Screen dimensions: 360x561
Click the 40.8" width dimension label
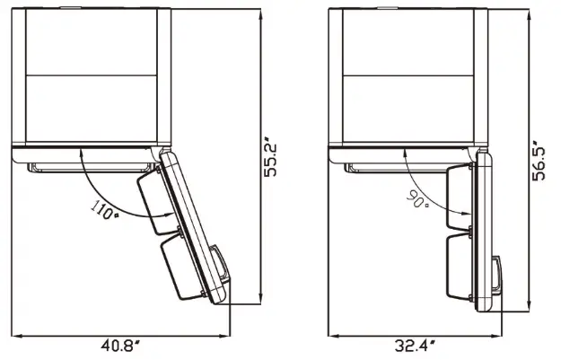(120, 346)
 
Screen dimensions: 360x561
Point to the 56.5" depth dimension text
(539, 162)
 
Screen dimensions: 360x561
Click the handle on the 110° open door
(220, 267)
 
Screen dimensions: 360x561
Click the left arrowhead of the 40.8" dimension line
(17, 336)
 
